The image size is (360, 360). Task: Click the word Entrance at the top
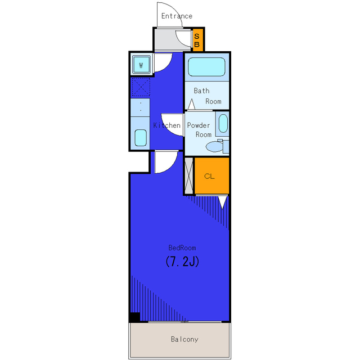[177, 16]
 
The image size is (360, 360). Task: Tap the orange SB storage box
[197, 40]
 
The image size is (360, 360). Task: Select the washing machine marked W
[141, 65]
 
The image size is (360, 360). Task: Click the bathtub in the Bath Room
[206, 67]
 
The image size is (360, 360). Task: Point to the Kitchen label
[166, 125]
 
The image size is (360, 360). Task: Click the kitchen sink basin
[141, 138]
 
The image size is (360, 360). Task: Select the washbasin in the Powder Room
[223, 124]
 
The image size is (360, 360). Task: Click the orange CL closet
[211, 176]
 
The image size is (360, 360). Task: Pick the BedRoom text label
[182, 247]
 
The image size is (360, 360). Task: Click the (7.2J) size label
[182, 261]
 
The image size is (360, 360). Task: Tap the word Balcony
[184, 339]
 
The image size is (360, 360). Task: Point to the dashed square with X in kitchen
[141, 87]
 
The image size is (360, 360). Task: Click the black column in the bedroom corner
[134, 317]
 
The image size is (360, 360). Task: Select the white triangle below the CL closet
[222, 202]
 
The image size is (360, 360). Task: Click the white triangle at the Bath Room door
[191, 104]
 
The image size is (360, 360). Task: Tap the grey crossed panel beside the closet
[189, 175]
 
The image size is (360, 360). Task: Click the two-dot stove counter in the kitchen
[140, 107]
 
